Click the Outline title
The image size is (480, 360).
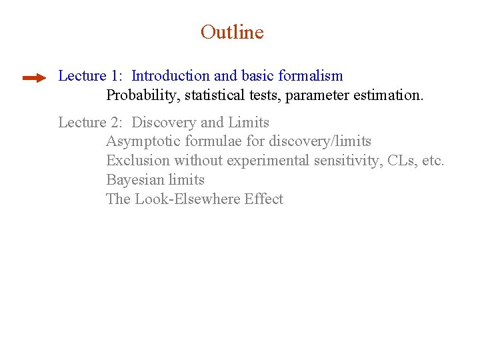tap(232, 32)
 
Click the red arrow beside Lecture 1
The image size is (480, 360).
tap(34, 78)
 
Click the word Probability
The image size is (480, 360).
tap(142, 95)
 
